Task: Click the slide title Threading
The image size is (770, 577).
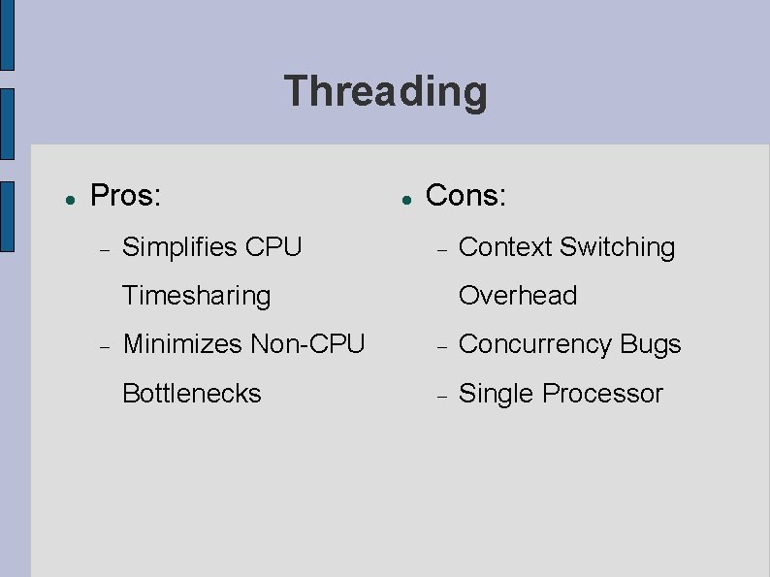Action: [x=385, y=92]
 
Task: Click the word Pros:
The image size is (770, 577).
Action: [x=124, y=196]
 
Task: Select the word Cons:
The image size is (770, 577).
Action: [x=465, y=196]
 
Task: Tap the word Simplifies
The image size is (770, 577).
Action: [x=180, y=247]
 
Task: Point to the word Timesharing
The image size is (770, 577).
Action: [x=196, y=296]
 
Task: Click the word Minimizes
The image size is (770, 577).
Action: [x=183, y=344]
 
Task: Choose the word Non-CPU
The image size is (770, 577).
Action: [x=307, y=344]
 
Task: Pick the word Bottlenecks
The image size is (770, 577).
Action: [x=192, y=393]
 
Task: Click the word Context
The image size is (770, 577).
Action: [x=505, y=247]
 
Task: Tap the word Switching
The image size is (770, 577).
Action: [x=618, y=247]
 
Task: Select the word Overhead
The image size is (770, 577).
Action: [x=518, y=296]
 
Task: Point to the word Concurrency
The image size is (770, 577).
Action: [x=534, y=344]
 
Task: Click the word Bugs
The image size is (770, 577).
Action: [x=651, y=344]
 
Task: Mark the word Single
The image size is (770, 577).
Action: [x=497, y=393]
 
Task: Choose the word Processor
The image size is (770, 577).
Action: [x=603, y=393]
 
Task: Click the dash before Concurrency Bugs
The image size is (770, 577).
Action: [x=440, y=346]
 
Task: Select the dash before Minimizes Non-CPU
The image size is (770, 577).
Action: [x=105, y=346]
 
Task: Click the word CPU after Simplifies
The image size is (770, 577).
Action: [x=274, y=247]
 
